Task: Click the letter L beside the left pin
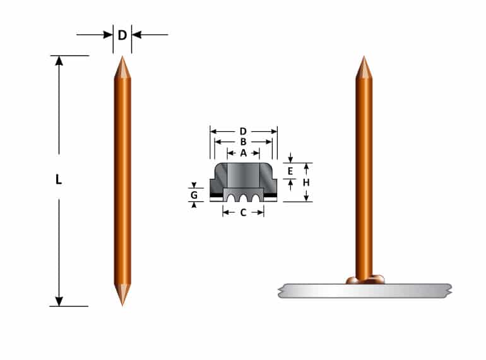click(x=59, y=179)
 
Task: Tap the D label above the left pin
click(x=122, y=35)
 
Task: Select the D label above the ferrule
click(x=243, y=131)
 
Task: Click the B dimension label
click(x=243, y=142)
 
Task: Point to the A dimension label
click(x=243, y=153)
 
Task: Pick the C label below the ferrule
click(x=243, y=212)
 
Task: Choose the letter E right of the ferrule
click(x=290, y=171)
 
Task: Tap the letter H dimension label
click(x=306, y=183)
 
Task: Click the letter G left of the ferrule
click(x=194, y=195)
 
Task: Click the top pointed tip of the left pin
click(x=122, y=56)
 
